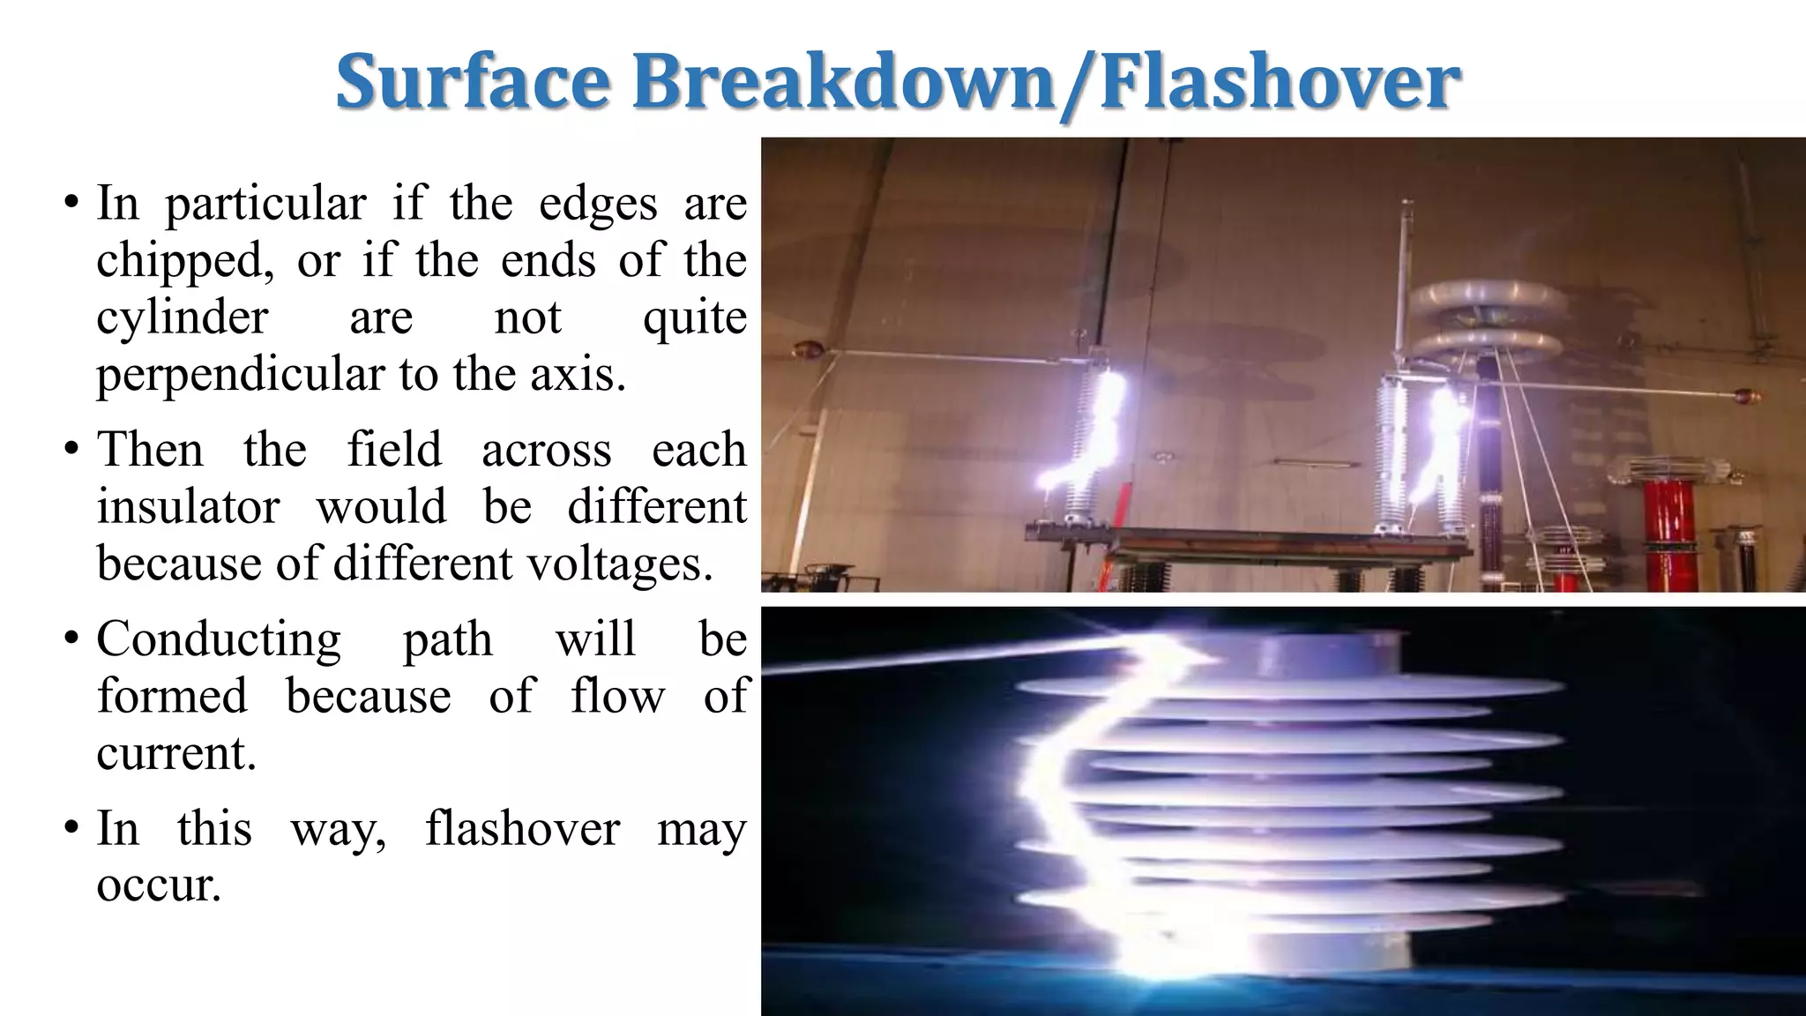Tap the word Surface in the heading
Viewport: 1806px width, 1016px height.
(x=473, y=82)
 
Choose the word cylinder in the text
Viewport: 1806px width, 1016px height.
(x=182, y=317)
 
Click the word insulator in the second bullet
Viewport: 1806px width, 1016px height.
(x=188, y=507)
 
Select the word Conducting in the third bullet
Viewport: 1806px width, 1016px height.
(x=219, y=639)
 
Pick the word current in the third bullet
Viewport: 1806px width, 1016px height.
(x=175, y=753)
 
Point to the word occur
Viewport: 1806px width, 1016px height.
(x=158, y=885)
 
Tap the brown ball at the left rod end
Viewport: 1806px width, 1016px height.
(x=805, y=349)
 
